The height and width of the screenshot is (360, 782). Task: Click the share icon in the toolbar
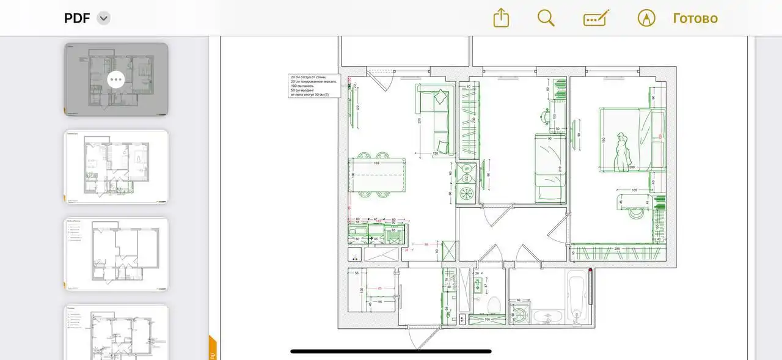click(x=501, y=18)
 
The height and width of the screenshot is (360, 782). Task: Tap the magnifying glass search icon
click(x=546, y=18)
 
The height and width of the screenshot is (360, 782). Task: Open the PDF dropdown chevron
click(x=104, y=18)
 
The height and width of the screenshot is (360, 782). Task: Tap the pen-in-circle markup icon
click(x=646, y=18)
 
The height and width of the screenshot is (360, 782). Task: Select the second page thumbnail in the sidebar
click(x=116, y=166)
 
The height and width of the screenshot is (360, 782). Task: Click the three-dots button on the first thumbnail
click(x=116, y=79)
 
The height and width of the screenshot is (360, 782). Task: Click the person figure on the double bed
click(x=622, y=151)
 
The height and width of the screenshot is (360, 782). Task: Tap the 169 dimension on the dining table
click(x=376, y=163)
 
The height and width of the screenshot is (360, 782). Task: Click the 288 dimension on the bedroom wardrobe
click(x=617, y=249)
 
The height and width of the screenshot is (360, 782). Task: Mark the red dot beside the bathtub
click(x=590, y=270)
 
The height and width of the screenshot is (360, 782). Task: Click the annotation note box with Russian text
click(x=314, y=86)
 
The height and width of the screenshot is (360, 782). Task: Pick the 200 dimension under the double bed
click(x=632, y=167)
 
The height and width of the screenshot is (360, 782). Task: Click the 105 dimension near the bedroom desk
click(x=635, y=190)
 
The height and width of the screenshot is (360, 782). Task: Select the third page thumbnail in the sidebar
click(x=116, y=254)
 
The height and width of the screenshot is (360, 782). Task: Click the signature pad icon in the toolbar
click(x=596, y=18)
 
